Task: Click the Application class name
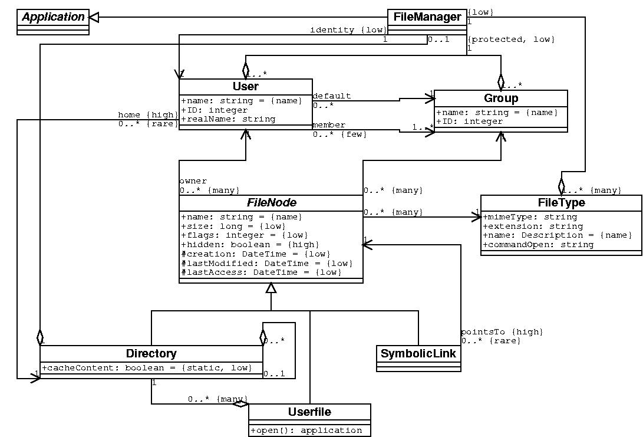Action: (54, 17)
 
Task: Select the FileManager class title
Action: (427, 17)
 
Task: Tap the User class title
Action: (245, 87)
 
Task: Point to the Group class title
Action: (501, 98)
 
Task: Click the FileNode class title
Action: (271, 203)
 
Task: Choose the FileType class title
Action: (561, 203)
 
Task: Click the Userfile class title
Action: (309, 412)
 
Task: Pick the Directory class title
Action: (151, 354)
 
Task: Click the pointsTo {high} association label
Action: (502, 332)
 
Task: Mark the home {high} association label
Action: (147, 115)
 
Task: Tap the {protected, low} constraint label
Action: (510, 40)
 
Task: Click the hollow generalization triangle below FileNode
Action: (271, 288)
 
